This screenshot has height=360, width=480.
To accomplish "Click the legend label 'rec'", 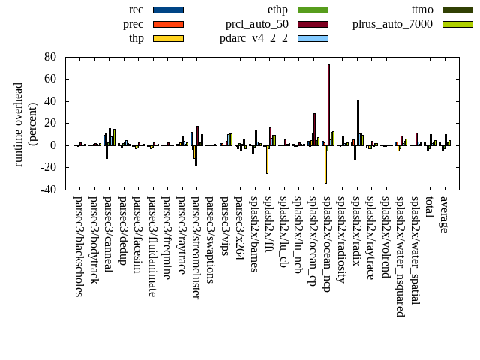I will pyautogui.click(x=136, y=10).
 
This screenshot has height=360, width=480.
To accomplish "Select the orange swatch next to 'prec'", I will pyautogui.click(x=168, y=24).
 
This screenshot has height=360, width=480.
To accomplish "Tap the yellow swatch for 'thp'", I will pyautogui.click(x=168, y=38).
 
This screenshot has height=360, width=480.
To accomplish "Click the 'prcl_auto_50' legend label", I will pyautogui.click(x=257, y=24).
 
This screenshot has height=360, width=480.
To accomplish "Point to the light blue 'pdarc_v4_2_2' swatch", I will pyautogui.click(x=313, y=38).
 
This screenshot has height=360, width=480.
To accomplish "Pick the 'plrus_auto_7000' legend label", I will pyautogui.click(x=392, y=24).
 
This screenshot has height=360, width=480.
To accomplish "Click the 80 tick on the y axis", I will pyautogui.click(x=51, y=57).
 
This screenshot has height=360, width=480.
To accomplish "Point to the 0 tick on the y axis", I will pyautogui.click(x=54, y=145).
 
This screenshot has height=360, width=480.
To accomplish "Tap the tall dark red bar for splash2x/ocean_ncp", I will pyautogui.click(x=328, y=104).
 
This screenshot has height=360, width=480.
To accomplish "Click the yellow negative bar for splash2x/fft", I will pyautogui.click(x=267, y=160).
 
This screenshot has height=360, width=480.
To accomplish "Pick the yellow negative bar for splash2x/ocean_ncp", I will pyautogui.click(x=325, y=164).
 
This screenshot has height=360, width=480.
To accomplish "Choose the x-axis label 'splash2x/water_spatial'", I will pyautogui.click(x=415, y=251).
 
